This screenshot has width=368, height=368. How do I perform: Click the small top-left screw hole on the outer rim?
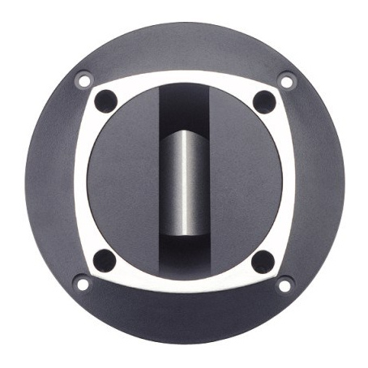(x=83, y=80)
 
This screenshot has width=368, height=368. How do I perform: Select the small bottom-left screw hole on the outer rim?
(x=81, y=283)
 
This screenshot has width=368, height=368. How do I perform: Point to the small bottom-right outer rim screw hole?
(x=285, y=284)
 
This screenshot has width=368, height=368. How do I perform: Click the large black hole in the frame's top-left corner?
(x=105, y=101)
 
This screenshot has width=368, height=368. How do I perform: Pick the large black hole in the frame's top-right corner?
(x=263, y=101)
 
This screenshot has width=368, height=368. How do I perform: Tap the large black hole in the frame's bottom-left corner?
(x=105, y=260)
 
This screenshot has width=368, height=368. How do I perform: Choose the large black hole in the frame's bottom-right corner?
(x=263, y=260)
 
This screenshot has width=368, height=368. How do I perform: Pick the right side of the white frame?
(x=288, y=182)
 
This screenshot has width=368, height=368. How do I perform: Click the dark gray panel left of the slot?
(x=122, y=182)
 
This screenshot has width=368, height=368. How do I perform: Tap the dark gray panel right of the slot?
(x=247, y=182)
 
